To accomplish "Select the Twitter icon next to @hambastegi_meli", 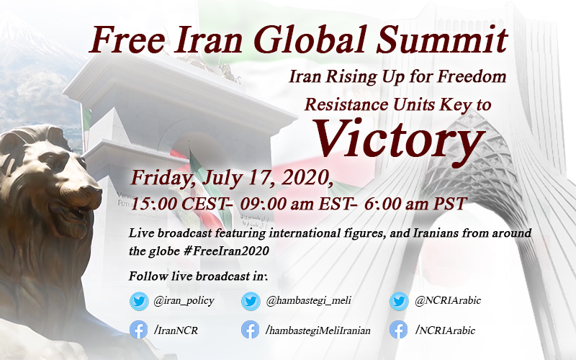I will (251, 301).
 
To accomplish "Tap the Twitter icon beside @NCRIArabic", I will (400, 301).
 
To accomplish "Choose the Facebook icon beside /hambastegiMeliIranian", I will (251, 330).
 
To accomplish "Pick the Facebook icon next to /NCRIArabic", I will (400, 330).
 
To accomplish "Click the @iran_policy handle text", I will (183, 301).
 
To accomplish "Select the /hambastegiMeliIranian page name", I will (318, 330).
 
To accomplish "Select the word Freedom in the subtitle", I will (477, 76).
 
